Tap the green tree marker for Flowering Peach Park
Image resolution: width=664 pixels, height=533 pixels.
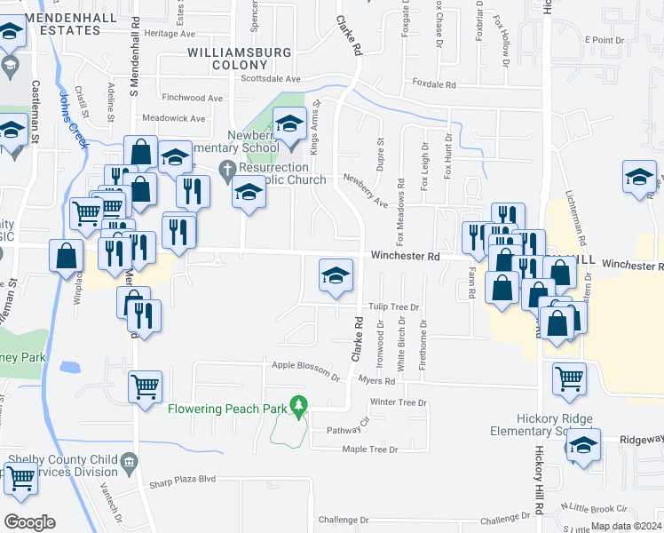tap(299, 408)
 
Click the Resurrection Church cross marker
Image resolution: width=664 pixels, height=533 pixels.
tap(226, 169)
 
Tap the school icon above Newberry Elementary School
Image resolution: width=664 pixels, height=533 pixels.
tap(289, 126)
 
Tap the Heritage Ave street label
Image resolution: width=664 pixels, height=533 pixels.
tap(174, 33)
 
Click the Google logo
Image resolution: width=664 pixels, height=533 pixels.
tap(29, 521)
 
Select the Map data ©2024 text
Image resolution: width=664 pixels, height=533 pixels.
tap(625, 526)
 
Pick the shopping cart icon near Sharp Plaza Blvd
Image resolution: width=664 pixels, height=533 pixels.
tap(20, 477)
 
